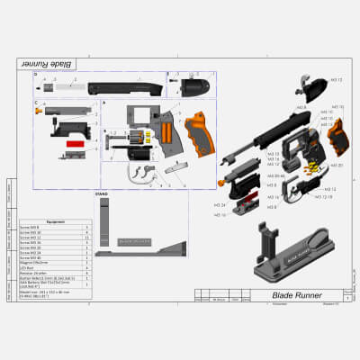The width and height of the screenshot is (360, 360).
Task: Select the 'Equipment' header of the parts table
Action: (56, 220)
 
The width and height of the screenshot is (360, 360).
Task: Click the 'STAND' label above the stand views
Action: (102, 193)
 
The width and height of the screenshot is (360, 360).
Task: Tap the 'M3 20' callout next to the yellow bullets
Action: (336, 165)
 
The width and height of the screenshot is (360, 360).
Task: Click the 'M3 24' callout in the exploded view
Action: (220, 206)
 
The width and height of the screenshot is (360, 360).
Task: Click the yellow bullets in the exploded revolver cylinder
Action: (310, 167)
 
